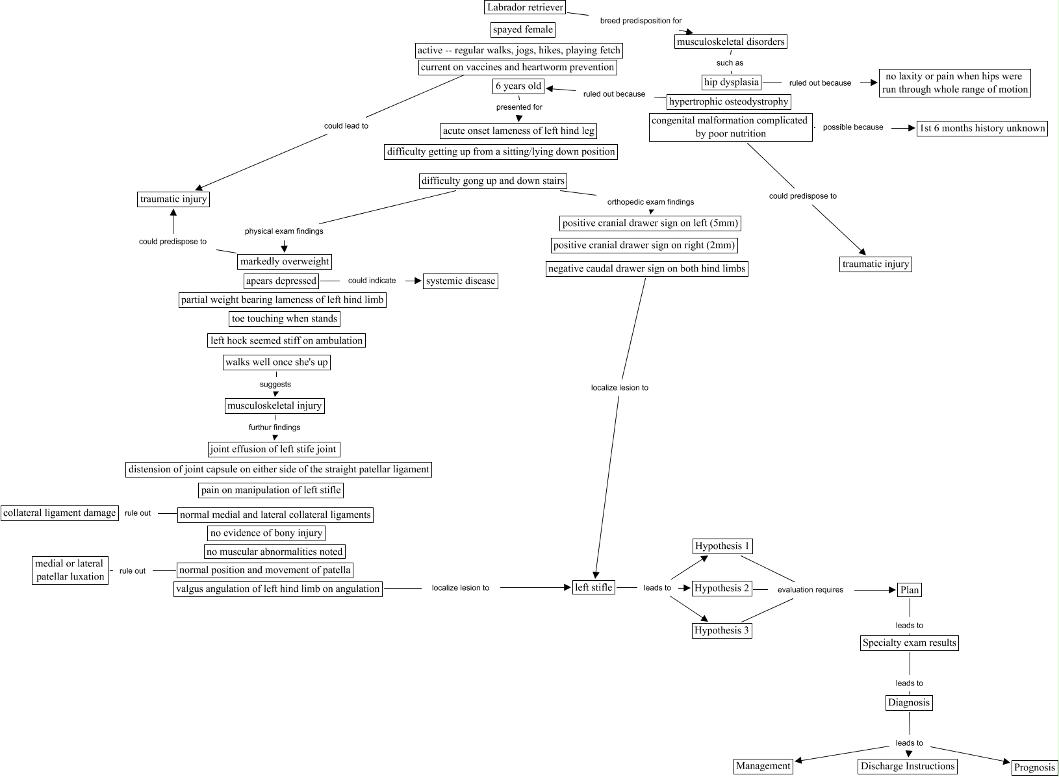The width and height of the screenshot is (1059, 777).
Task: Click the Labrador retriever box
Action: (x=525, y=7)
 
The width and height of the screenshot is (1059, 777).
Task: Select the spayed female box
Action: (x=523, y=29)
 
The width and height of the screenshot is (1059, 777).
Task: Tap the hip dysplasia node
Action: (x=731, y=83)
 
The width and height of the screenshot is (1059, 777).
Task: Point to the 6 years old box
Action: (x=518, y=86)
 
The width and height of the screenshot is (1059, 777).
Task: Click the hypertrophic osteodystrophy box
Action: (x=728, y=101)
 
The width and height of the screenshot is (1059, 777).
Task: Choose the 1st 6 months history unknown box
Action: (x=982, y=128)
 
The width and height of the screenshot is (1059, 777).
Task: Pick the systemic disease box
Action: (x=461, y=281)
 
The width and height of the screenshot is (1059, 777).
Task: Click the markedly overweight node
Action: (x=285, y=261)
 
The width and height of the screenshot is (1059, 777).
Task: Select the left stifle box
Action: (x=594, y=587)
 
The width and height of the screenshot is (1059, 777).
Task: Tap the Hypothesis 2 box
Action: (x=722, y=589)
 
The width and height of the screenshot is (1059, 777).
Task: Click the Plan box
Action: (x=910, y=590)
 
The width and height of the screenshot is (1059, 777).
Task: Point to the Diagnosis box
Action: (x=909, y=702)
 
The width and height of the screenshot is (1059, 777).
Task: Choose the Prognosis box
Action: (x=1034, y=767)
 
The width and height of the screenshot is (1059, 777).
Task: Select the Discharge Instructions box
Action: (x=908, y=766)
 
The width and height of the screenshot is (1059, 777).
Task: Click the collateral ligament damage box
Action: (x=60, y=513)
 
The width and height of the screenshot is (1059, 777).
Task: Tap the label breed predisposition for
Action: (x=641, y=21)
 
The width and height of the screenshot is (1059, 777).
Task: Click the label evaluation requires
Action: (x=810, y=590)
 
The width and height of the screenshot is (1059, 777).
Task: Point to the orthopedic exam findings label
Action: (x=650, y=202)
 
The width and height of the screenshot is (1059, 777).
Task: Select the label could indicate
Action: (x=372, y=281)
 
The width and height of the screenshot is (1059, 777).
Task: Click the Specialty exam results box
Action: (x=910, y=643)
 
